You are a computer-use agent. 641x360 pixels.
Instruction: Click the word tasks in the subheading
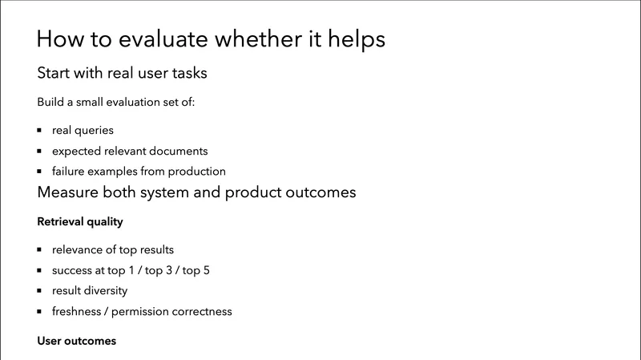tap(187, 74)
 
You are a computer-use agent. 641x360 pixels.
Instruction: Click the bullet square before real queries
tap(39, 130)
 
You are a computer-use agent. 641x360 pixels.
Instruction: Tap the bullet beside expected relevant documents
tap(39, 151)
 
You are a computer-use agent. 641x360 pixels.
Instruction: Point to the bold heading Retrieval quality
tap(80, 221)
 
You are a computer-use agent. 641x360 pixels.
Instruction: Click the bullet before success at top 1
tap(39, 270)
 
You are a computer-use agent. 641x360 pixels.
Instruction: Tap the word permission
tap(152, 312)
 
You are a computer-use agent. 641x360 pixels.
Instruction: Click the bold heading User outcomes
tap(77, 341)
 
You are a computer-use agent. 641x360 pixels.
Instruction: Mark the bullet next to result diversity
tap(39, 291)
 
